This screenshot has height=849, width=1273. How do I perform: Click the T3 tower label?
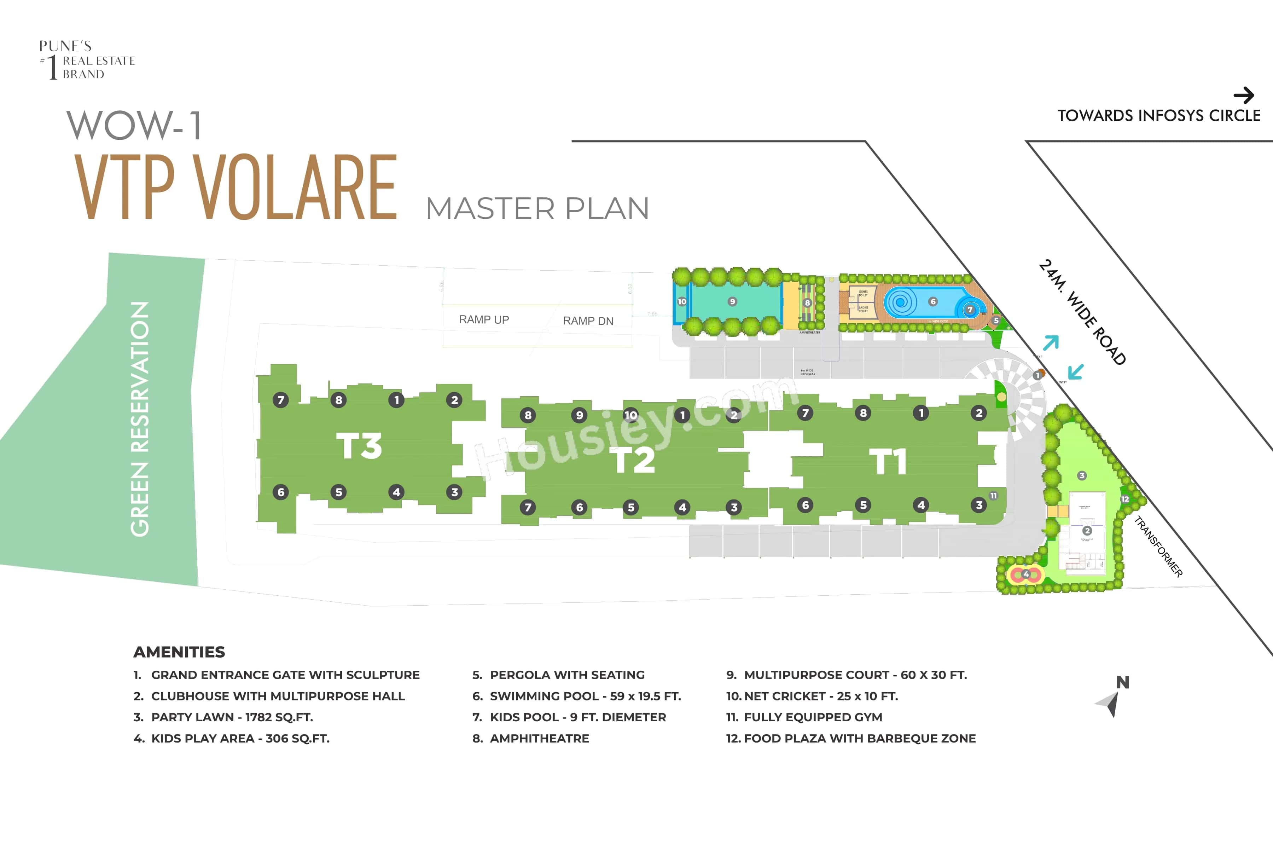[x=359, y=446]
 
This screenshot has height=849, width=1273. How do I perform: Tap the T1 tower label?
[x=888, y=462]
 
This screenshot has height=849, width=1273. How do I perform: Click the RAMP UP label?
[x=484, y=319]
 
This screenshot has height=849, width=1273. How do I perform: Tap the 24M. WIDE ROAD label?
[x=1082, y=312]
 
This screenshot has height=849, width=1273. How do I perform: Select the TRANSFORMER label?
[x=1158, y=547]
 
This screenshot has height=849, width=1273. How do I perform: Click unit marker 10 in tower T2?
[x=630, y=415]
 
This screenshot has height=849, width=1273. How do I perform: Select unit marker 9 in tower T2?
[x=579, y=415]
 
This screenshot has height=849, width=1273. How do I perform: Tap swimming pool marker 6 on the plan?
[x=932, y=302]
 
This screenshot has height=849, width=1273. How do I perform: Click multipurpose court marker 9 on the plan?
[x=732, y=302]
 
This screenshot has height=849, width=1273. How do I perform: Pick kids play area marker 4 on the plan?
[x=1026, y=574]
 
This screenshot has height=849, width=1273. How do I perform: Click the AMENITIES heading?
[x=179, y=652]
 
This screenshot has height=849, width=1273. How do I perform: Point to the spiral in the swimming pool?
[x=901, y=302]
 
